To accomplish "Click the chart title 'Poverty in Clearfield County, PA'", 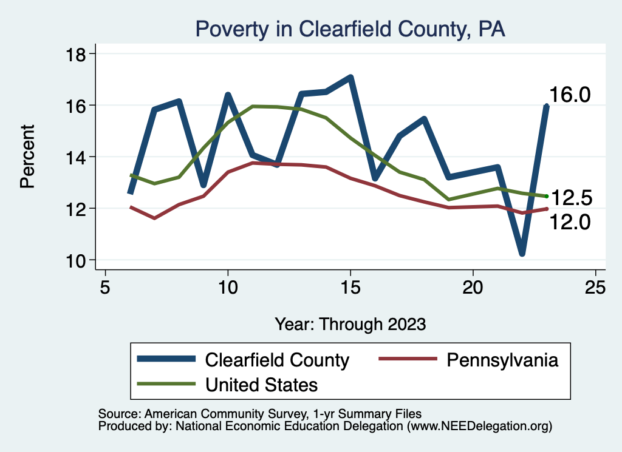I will (x=349, y=29).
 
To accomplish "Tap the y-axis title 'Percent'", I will (x=27, y=156).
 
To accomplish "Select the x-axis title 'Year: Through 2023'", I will (x=350, y=323).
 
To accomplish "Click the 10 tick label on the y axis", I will (x=75, y=260).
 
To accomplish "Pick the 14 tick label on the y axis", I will (x=75, y=157).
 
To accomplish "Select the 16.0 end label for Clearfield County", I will (x=570, y=95).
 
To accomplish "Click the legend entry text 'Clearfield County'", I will (x=277, y=360).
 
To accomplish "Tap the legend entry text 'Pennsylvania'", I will (x=502, y=360).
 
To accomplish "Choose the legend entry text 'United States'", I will (x=262, y=384).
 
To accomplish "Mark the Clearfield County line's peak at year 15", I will (x=350, y=78).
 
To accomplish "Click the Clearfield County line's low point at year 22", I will (x=522, y=252).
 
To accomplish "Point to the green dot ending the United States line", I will (x=547, y=196).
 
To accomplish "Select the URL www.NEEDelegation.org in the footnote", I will (x=480, y=426).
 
